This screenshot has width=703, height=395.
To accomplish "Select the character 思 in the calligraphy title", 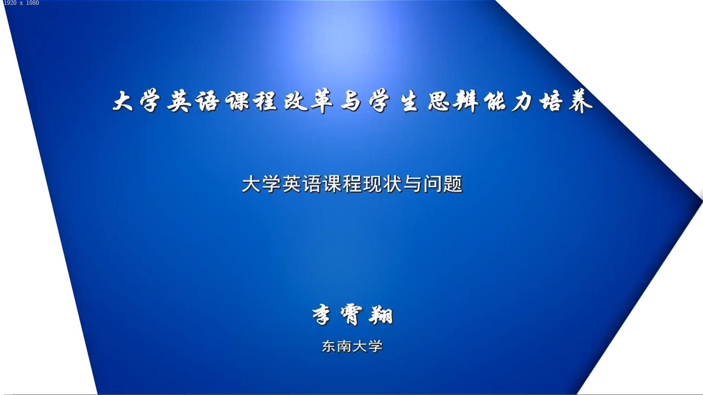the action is (439, 101).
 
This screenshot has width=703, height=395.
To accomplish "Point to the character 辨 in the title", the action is (466, 101).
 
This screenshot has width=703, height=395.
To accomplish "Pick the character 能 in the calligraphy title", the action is (494, 101).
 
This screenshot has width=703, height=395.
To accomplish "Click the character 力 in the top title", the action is (521, 101).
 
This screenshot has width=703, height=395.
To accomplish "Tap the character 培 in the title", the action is (551, 101).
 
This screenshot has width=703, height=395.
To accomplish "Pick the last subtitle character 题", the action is (453, 184).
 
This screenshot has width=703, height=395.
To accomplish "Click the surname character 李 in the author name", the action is (321, 315).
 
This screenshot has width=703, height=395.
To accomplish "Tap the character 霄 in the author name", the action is (351, 315).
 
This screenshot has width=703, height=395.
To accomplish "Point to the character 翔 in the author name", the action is (381, 315).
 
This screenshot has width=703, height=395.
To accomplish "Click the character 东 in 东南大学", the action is (329, 346).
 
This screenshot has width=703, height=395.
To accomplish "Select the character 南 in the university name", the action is (344, 346).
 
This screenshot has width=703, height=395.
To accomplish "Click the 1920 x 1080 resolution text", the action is (21, 3).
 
